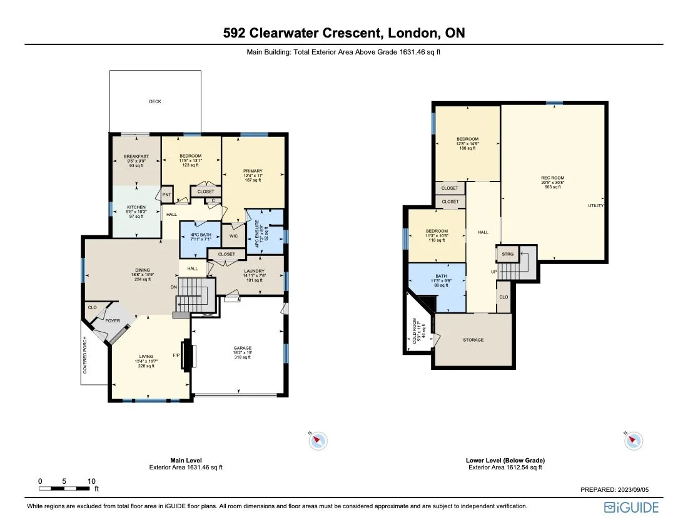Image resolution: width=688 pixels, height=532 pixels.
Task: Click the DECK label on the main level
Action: pyautogui.click(x=155, y=101)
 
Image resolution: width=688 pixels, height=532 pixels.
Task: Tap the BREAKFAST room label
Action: pyautogui.click(x=136, y=156)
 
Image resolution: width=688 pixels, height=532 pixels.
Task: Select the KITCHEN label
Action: pyautogui.click(x=136, y=207)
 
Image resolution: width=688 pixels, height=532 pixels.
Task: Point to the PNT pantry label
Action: pyautogui.click(x=167, y=195)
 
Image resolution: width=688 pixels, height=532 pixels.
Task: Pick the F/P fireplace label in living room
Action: pyautogui.click(x=176, y=356)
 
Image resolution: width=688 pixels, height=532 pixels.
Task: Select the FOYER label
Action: pyautogui.click(x=113, y=320)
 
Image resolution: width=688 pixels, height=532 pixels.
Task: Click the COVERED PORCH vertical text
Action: pyautogui.click(x=85, y=355)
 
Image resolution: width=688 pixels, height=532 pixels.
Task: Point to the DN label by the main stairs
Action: pyautogui.click(x=174, y=287)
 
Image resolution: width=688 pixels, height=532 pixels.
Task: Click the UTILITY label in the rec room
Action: pyautogui.click(x=595, y=206)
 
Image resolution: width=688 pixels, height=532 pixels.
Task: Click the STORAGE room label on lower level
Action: pyautogui.click(x=473, y=340)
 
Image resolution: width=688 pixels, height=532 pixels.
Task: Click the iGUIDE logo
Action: pyautogui.click(x=631, y=508)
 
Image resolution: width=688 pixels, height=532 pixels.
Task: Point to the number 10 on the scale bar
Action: pyautogui.click(x=91, y=481)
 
